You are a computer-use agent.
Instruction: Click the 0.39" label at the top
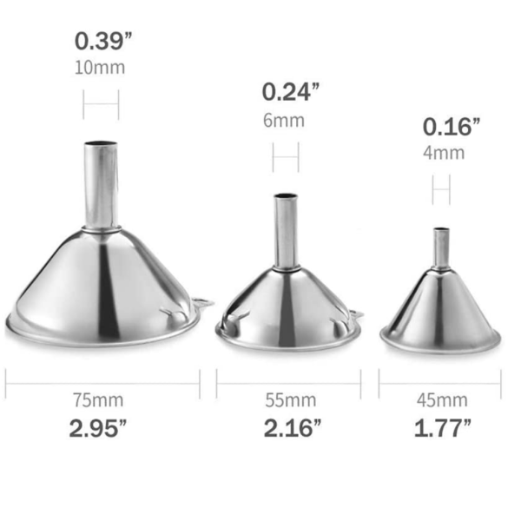pos(101,41)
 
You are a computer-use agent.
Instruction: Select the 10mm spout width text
pos(101,68)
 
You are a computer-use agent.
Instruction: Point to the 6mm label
pos(286,121)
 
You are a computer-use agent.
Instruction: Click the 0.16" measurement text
pos(452,127)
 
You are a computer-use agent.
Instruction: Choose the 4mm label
pos(444,154)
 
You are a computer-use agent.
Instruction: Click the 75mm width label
pos(101,400)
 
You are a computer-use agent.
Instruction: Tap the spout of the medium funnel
pos(286,230)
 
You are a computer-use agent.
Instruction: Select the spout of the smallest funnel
pos(441,247)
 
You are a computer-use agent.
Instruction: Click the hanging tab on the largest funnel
pos(202,303)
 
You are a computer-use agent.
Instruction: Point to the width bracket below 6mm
pos(286,157)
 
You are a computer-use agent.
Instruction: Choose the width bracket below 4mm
pos(441,188)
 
